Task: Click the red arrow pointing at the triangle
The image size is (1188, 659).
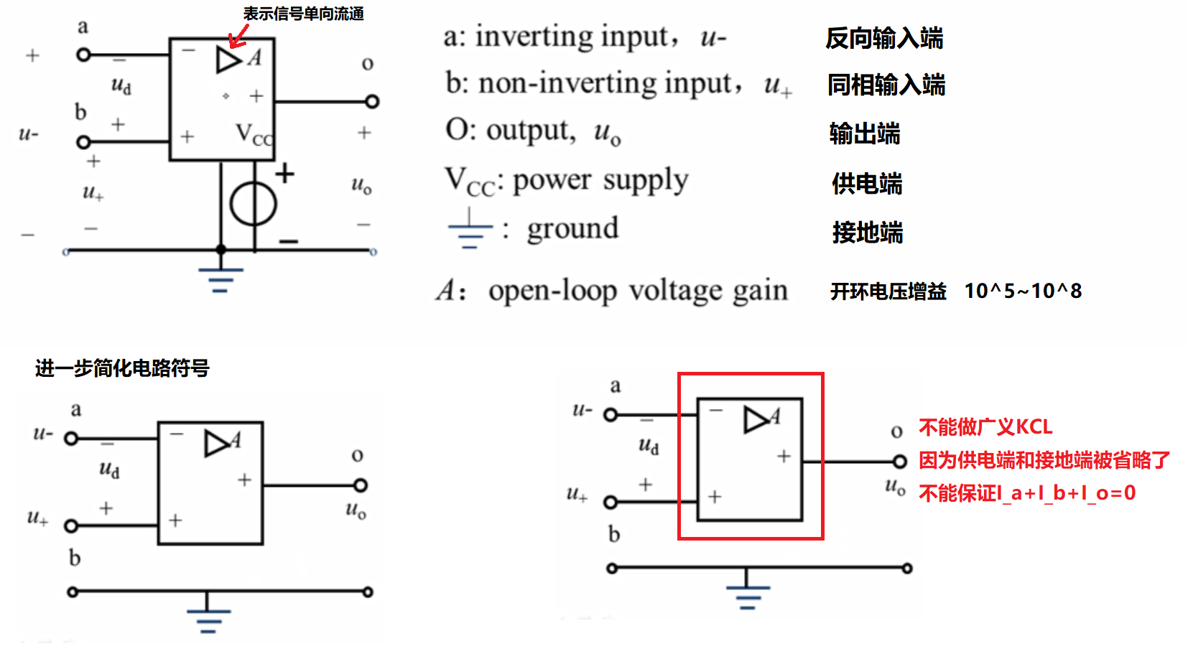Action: (x=238, y=37)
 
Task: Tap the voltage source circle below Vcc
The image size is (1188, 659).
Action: (x=253, y=204)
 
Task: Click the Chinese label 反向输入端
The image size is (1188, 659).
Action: (x=884, y=38)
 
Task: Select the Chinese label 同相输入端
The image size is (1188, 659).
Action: (x=886, y=85)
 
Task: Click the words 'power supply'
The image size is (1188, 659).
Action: (x=600, y=180)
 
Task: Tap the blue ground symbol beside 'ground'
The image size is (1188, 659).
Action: (x=470, y=230)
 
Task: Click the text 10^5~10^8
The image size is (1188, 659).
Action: (x=1022, y=291)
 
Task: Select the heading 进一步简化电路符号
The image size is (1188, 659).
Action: (x=122, y=368)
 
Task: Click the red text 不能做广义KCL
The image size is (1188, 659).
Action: (x=985, y=427)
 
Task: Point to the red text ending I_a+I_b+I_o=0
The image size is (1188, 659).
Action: (x=1027, y=493)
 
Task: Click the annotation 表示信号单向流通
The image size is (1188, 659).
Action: (x=303, y=14)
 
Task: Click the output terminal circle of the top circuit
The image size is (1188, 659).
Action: (x=372, y=101)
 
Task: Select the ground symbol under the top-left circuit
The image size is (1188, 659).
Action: (x=221, y=279)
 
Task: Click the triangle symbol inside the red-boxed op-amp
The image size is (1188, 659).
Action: (x=755, y=419)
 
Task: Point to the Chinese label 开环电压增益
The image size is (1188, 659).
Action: (x=888, y=291)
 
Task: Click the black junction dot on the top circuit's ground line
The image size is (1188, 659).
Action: (x=221, y=250)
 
